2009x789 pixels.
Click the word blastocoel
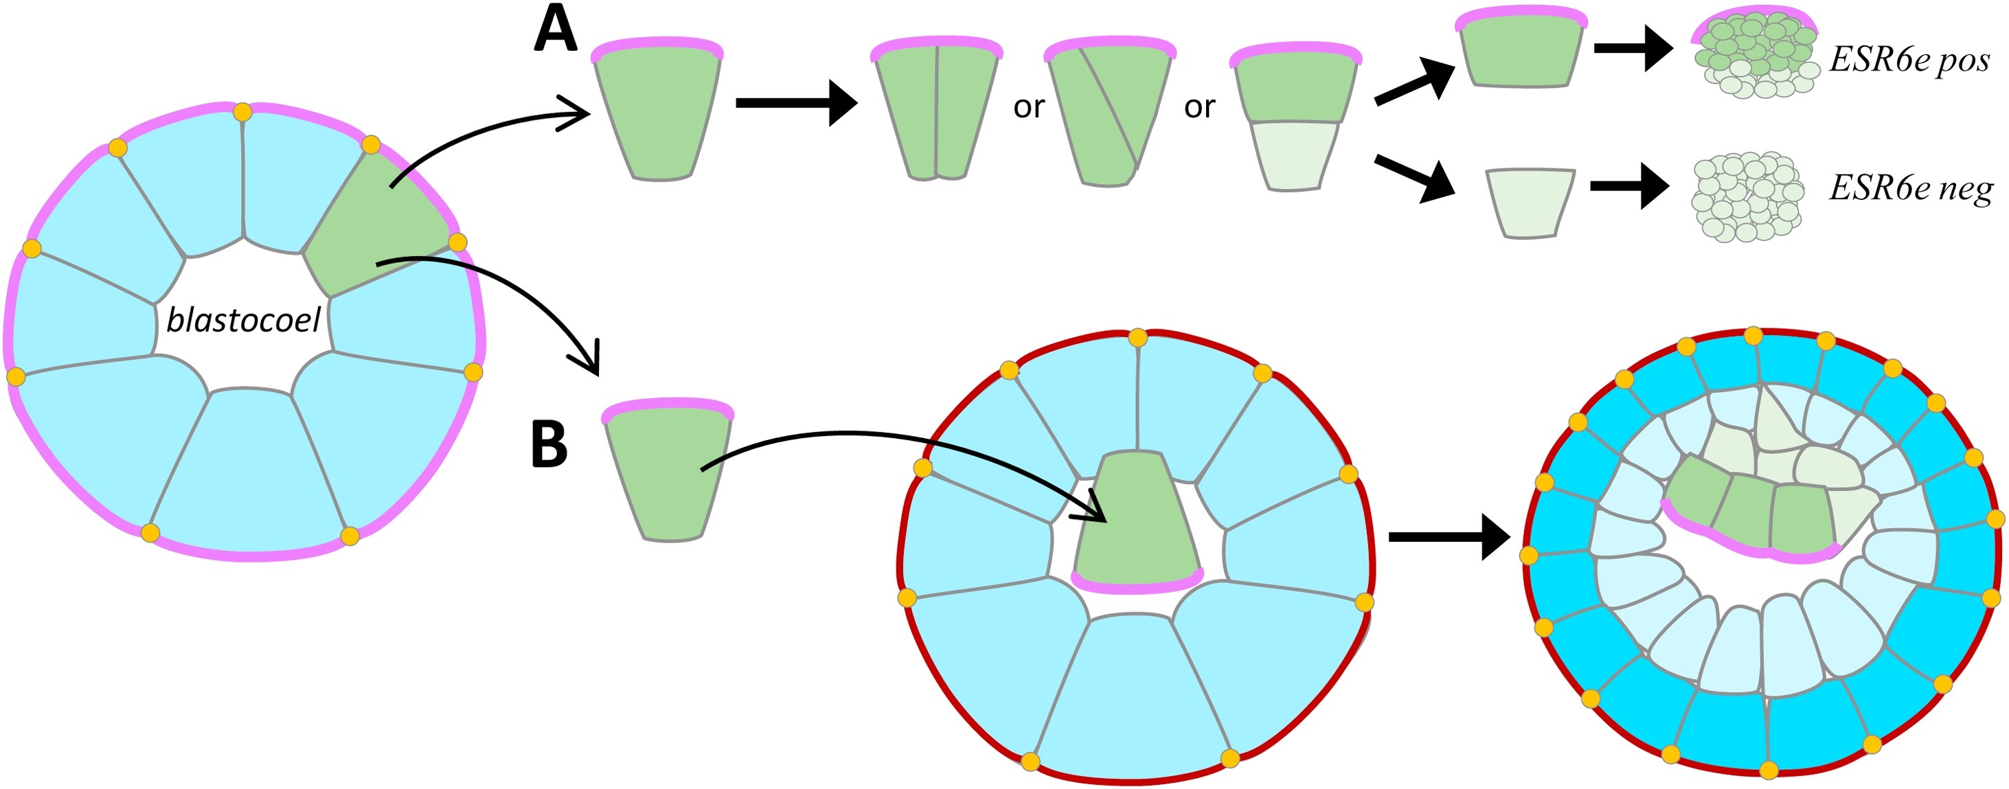243,321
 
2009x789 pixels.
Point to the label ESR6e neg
1910,189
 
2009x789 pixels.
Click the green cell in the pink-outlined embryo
374,226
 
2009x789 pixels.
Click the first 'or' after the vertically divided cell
1028,107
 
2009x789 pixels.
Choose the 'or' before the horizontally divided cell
1199,107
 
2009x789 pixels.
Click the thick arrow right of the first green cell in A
795,103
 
